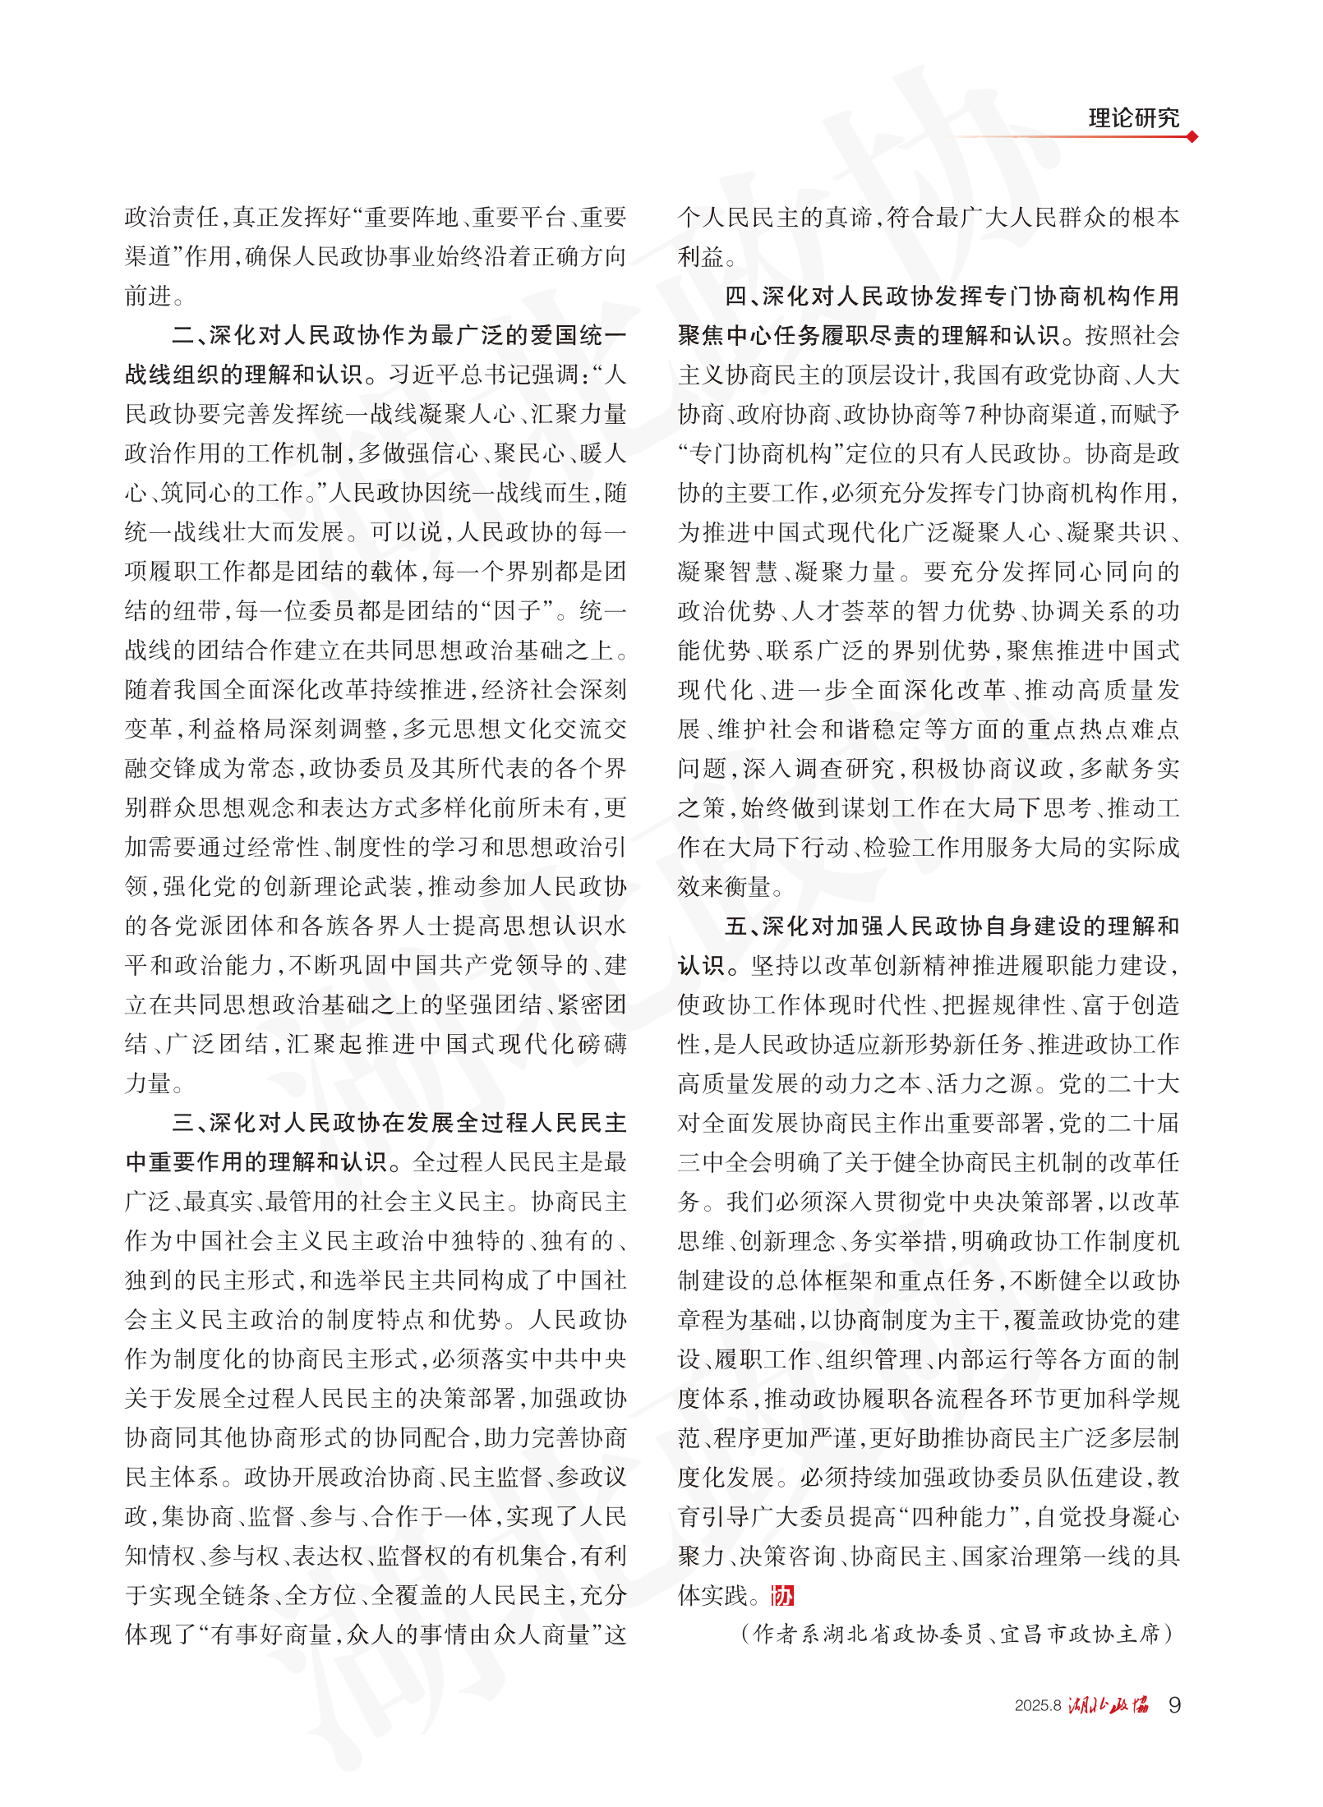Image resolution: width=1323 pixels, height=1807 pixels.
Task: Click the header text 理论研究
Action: pyautogui.click(x=1133, y=118)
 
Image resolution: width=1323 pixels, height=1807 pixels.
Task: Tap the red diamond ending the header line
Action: pyautogui.click(x=1192, y=137)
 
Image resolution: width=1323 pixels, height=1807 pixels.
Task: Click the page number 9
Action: pyautogui.click(x=1174, y=1705)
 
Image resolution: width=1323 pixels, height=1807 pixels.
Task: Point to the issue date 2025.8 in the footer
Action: pyautogui.click(x=1038, y=1706)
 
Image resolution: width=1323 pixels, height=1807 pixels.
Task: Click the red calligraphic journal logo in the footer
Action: pyautogui.click(x=1109, y=1706)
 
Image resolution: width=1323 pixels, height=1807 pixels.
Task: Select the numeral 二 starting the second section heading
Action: pyautogui.click(x=182, y=336)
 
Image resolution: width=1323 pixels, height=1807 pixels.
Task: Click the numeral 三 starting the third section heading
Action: pyautogui.click(x=182, y=1123)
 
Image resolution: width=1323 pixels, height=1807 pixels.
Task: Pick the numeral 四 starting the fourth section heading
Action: pyautogui.click(x=735, y=297)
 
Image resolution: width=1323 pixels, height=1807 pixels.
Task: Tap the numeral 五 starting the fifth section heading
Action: pyautogui.click(x=735, y=926)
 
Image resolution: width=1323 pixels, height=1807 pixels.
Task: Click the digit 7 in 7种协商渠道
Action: pyautogui.click(x=970, y=415)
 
